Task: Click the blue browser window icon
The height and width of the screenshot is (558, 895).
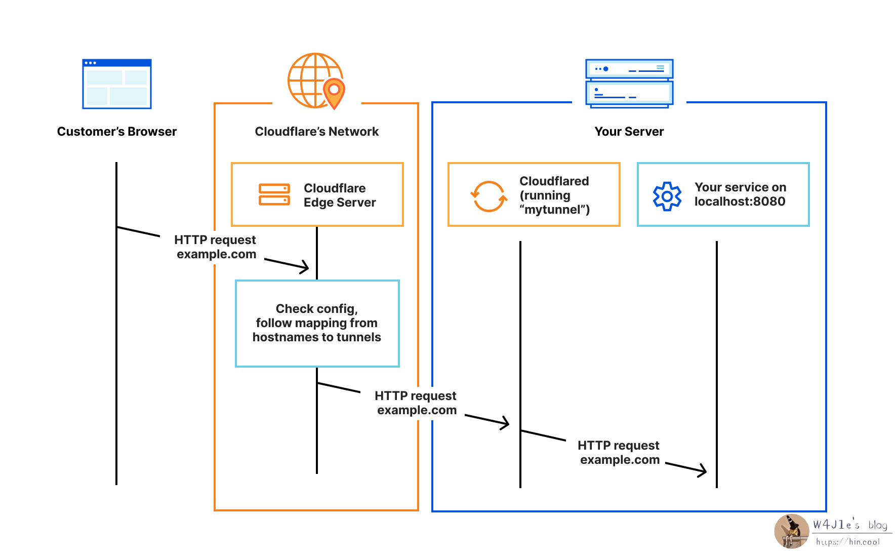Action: (117, 84)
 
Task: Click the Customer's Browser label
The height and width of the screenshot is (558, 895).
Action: (117, 132)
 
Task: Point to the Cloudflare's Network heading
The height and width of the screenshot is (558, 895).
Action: (316, 132)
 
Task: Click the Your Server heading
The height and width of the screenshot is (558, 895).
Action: (629, 132)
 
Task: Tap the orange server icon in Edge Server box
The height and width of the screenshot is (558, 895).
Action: (274, 194)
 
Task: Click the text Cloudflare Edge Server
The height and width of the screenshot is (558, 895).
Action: (339, 195)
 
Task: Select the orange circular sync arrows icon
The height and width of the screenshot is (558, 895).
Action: (489, 196)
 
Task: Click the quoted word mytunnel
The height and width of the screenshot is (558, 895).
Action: (554, 210)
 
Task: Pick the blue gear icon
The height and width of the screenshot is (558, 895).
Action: (667, 196)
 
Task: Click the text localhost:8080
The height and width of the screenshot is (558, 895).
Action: (740, 202)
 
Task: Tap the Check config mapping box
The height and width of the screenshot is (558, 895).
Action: (317, 323)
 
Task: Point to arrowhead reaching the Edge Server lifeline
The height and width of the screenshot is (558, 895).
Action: (305, 267)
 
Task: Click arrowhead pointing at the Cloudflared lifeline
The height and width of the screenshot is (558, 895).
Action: (505, 423)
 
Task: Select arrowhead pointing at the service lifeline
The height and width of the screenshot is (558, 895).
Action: (702, 470)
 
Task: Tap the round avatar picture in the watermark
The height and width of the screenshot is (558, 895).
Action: (791, 531)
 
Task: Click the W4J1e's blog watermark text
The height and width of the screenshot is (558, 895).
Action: (850, 525)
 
